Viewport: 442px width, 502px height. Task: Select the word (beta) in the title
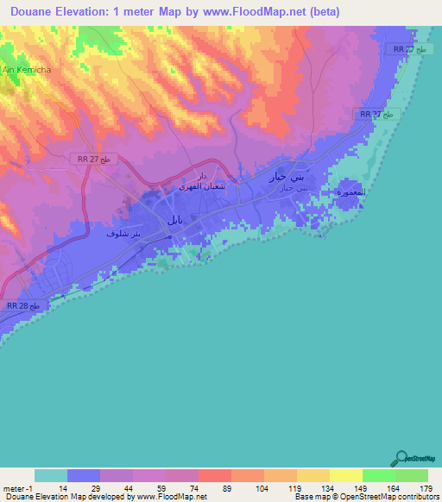coord(318,12)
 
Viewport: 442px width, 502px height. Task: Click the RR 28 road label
coord(23,306)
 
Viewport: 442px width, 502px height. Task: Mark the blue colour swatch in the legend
coord(84,475)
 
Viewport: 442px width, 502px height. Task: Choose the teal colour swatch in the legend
coord(51,475)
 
